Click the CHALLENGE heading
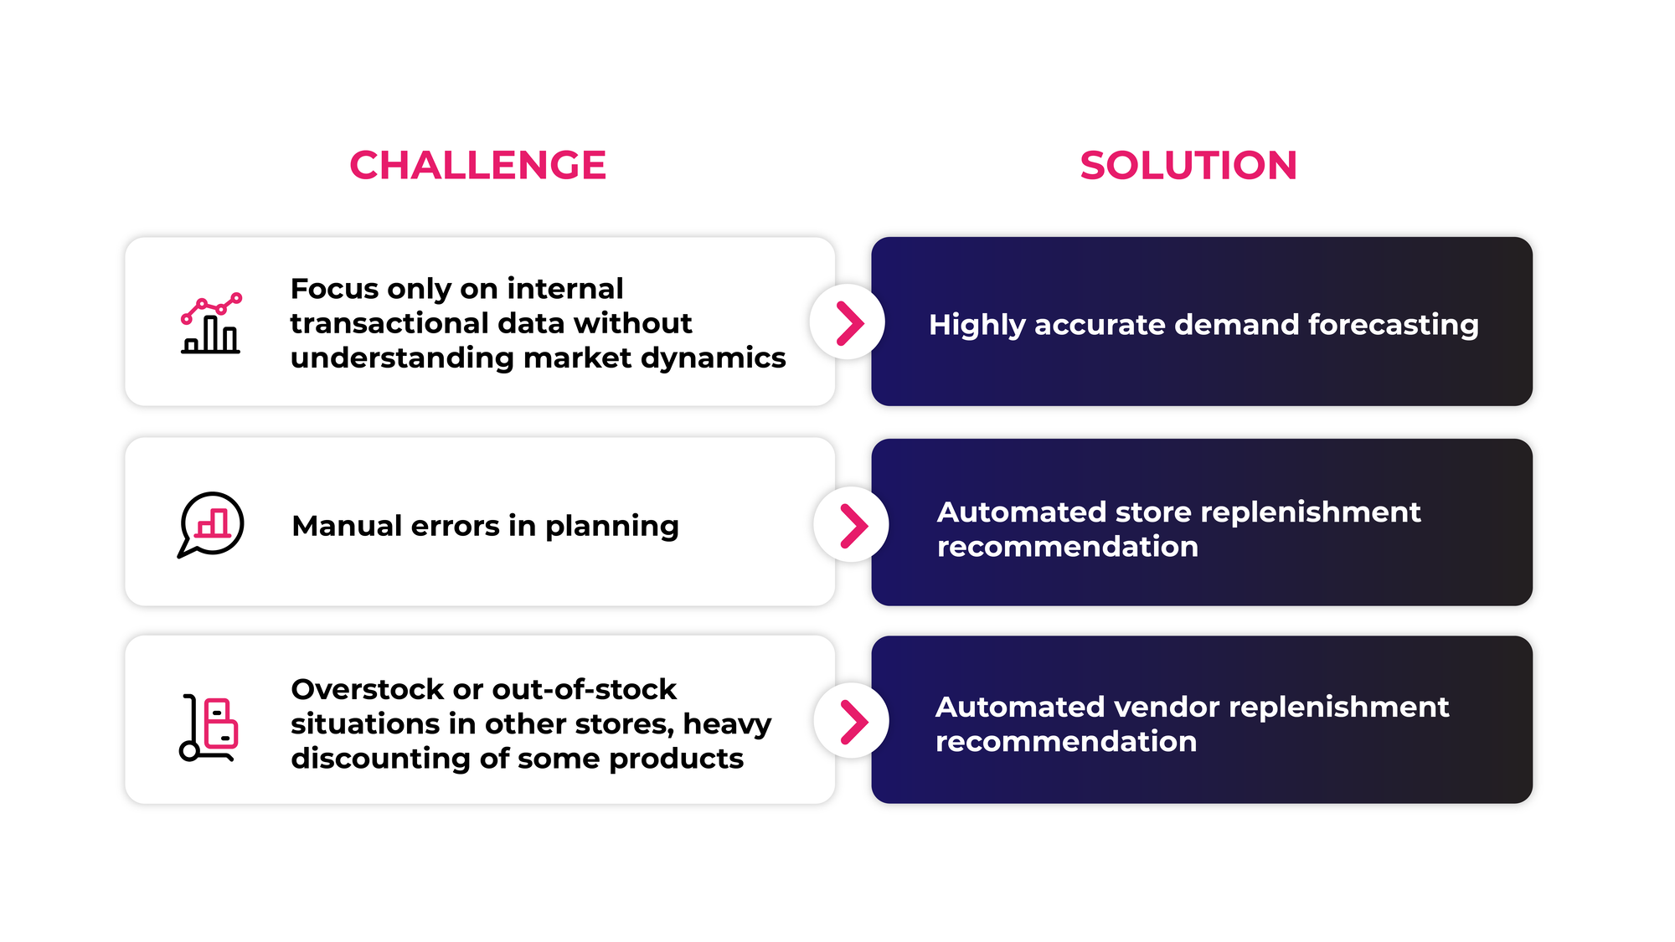(477, 165)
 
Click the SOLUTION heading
(1188, 165)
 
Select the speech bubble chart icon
(211, 524)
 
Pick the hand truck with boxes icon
(209, 727)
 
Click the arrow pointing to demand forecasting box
(848, 323)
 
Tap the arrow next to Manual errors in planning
(852, 525)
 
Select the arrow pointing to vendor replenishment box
(852, 722)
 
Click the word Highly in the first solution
(977, 325)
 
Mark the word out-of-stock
(585, 689)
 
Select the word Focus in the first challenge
(334, 289)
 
